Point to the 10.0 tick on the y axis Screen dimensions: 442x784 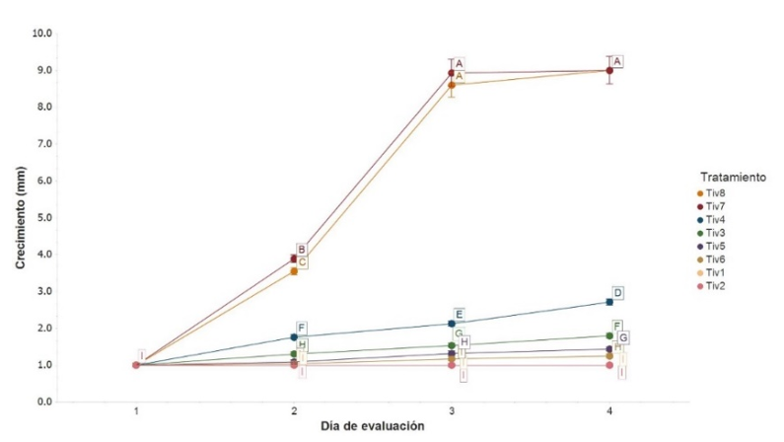coord(41,33)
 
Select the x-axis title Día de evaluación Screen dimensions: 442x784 coord(372,427)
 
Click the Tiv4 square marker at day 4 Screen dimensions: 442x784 coord(609,302)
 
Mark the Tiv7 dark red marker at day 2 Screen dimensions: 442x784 coord(294,258)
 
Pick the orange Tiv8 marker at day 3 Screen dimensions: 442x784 coord(452,85)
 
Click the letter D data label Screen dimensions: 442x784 coord(617,293)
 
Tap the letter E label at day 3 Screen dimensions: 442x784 coord(459,314)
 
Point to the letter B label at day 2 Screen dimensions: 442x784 coord(302,250)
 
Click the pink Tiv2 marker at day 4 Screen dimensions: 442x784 coord(609,365)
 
